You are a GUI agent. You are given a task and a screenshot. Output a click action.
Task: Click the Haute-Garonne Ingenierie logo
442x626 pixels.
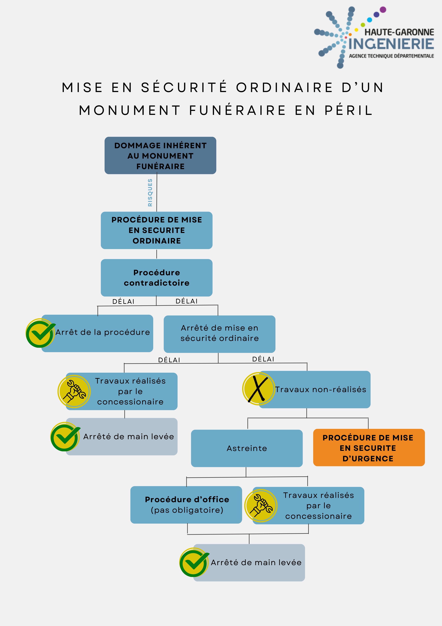pos(374,37)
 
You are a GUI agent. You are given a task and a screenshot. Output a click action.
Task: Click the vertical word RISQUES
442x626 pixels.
pos(150,192)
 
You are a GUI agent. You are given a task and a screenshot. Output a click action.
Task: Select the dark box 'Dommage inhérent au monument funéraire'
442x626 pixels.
pos(160,155)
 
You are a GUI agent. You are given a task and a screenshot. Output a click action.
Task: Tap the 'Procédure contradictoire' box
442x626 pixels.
pos(157,278)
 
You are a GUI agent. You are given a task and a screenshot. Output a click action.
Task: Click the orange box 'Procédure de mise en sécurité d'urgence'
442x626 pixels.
pos(369,447)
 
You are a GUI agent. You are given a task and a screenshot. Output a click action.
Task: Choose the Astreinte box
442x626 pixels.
pos(247,448)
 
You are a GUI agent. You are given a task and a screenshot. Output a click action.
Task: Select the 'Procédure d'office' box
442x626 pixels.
pos(186,505)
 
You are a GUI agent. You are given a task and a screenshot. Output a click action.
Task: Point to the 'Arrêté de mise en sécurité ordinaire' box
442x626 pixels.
pos(219,334)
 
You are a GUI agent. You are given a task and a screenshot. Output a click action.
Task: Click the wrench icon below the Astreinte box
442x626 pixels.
pos(261,505)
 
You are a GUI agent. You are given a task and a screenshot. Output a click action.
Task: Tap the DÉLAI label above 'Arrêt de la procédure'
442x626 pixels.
pos(123,301)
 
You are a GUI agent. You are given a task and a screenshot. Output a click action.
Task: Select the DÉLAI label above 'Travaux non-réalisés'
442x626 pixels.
pos(263,359)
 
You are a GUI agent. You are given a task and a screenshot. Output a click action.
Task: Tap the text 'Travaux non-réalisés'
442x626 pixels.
pos(320,389)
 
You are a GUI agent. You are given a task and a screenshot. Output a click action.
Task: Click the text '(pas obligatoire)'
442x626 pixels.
pos(187,510)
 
